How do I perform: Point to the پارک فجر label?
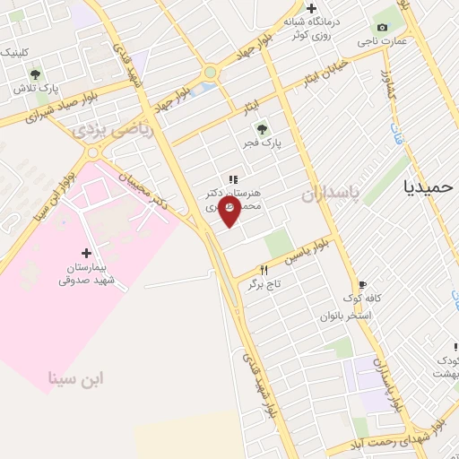(265, 143)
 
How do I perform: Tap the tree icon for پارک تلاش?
(35, 74)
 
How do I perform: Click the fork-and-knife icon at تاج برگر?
(264, 269)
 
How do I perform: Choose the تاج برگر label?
(265, 283)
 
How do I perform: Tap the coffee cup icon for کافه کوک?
(362, 283)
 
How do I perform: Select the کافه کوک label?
(365, 298)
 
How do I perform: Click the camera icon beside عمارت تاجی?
(383, 27)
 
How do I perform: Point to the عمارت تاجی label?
(391, 41)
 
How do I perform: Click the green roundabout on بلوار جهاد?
(211, 72)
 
